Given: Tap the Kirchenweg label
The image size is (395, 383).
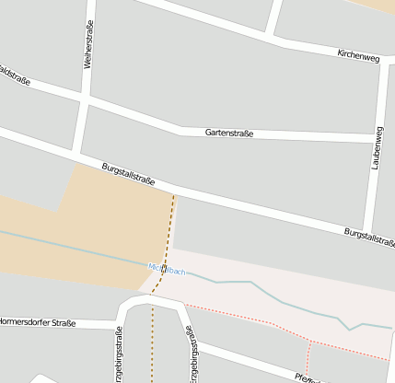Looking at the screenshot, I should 358,56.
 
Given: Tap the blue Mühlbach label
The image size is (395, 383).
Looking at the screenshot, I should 167,270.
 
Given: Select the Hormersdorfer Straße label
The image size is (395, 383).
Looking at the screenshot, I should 37,323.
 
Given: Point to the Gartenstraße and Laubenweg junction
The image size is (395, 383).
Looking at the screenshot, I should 377,139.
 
